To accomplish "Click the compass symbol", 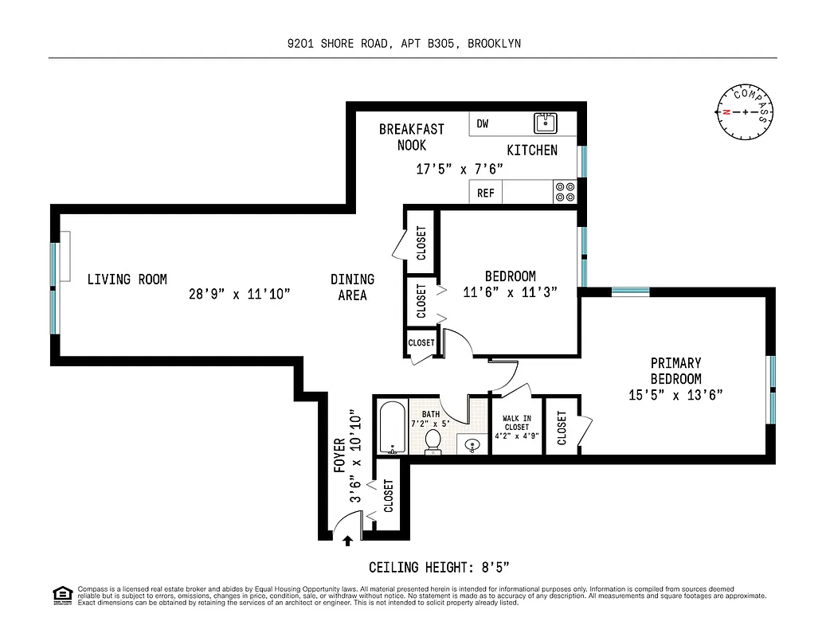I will (x=746, y=111).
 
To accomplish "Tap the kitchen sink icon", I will (x=546, y=123).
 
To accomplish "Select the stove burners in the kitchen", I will (x=565, y=192).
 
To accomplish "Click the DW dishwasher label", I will (x=483, y=123).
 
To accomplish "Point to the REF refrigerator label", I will (x=486, y=193).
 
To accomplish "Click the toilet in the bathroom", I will (x=434, y=441).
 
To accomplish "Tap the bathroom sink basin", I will (x=474, y=444).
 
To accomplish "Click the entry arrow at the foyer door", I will (x=347, y=542).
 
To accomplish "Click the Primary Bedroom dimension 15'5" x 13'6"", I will (x=675, y=394).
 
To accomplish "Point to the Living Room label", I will (x=127, y=279).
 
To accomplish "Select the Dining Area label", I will (x=352, y=287).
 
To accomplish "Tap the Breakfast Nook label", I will (x=411, y=137).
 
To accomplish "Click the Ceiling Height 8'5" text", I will (x=439, y=568).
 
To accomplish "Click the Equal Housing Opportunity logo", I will (x=61, y=594).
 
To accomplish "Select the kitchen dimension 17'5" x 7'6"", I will (x=460, y=169).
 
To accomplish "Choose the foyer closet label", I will (x=389, y=495).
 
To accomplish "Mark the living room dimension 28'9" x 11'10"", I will (x=239, y=295).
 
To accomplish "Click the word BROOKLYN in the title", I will (x=495, y=44).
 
